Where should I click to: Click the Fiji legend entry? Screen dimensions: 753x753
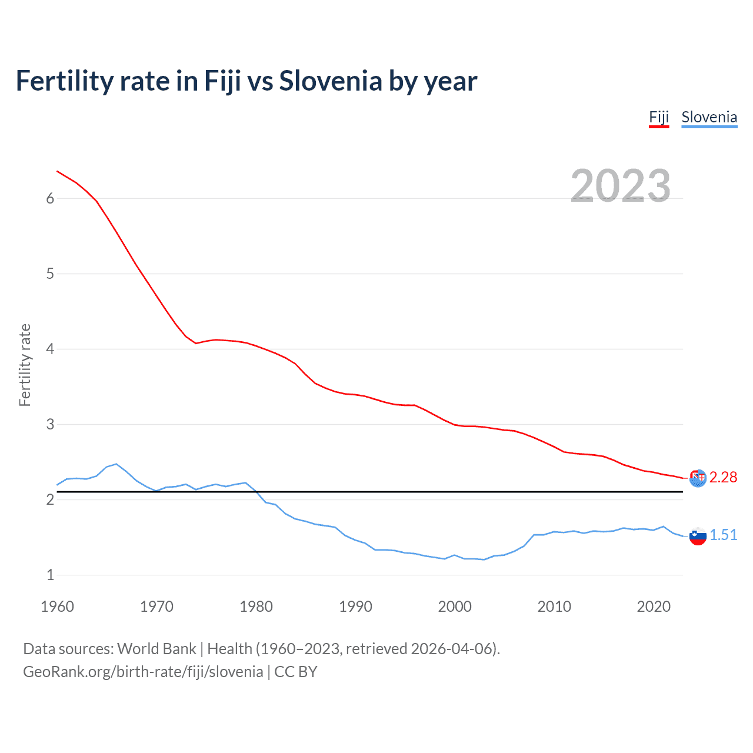[x=659, y=117]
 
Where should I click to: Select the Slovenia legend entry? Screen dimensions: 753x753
[x=709, y=117]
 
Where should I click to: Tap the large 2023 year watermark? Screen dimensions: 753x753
[x=620, y=186]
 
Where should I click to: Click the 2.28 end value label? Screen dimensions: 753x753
[x=723, y=477]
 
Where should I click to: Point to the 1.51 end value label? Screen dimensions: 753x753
[x=723, y=535]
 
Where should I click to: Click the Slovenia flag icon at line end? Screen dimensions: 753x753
[x=698, y=536]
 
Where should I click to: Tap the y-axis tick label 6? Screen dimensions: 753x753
[x=50, y=198]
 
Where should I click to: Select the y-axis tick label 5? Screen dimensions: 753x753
[x=50, y=274]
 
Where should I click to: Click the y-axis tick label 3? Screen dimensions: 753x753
[x=50, y=424]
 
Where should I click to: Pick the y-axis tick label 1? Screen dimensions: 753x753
[x=50, y=575]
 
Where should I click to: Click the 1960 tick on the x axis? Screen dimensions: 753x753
[x=57, y=607]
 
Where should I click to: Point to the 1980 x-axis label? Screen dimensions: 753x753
[x=256, y=607]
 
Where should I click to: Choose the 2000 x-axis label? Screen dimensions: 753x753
[x=455, y=607]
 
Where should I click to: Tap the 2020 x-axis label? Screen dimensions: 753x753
[x=654, y=607]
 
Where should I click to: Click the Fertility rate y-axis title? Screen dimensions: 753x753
[x=25, y=365]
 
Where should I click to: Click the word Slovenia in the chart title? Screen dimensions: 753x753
[x=330, y=81]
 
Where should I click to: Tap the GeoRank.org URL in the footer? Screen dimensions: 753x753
[x=143, y=672]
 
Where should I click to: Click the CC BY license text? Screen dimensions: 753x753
[x=296, y=672]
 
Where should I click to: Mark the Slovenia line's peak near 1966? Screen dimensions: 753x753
[x=116, y=464]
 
